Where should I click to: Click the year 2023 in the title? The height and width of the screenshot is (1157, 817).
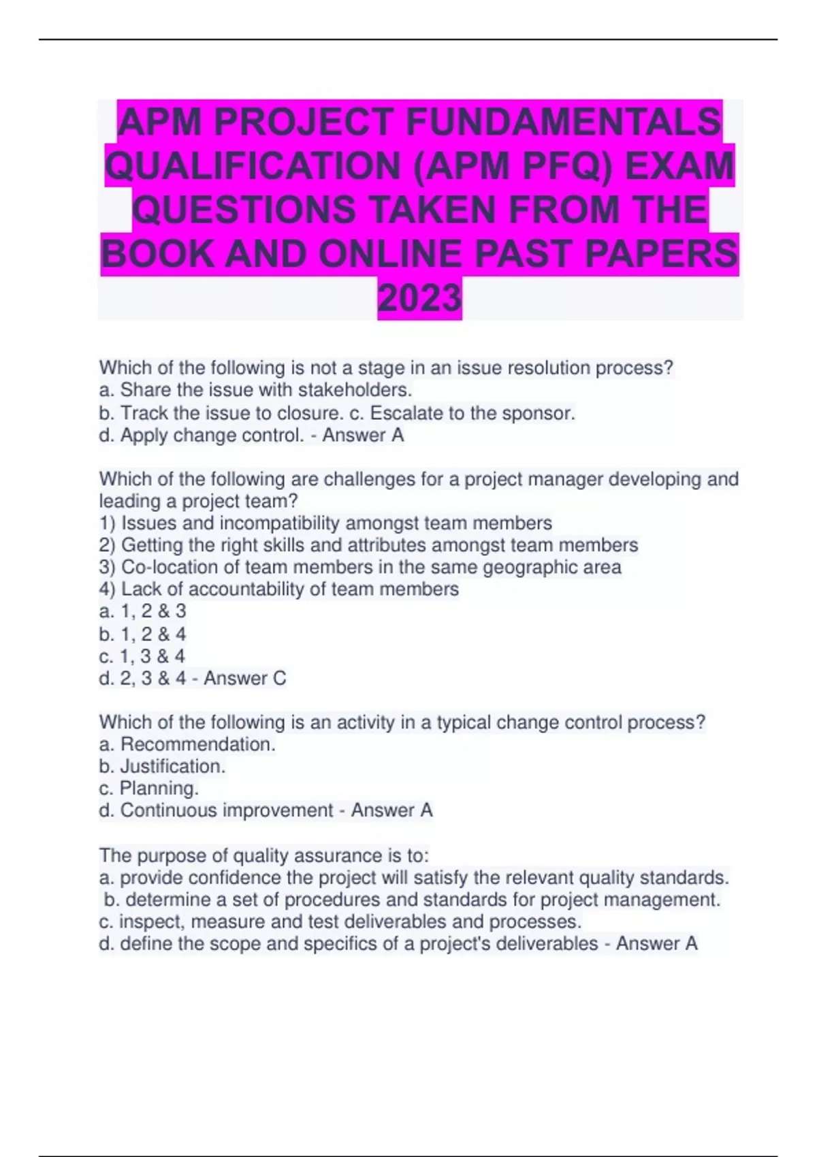[419, 297]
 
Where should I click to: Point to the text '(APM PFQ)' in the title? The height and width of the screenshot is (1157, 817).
[511, 165]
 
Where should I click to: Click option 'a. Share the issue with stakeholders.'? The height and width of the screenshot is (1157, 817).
[256, 390]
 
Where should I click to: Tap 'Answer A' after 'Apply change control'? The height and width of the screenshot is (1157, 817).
[363, 436]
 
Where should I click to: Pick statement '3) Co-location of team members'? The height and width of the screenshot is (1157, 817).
[359, 568]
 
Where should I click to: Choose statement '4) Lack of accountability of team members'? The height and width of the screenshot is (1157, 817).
[279, 589]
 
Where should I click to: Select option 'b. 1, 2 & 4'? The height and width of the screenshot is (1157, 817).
[142, 634]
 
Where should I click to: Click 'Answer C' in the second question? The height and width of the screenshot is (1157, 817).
[245, 679]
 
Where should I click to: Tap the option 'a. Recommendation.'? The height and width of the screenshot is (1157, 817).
[187, 745]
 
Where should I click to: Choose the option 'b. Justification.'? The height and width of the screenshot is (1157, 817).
[162, 766]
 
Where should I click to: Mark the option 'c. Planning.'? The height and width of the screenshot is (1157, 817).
[149, 789]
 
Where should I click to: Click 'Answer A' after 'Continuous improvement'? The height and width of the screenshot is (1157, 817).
[391, 811]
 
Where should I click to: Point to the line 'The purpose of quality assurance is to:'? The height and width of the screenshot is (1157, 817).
[264, 855]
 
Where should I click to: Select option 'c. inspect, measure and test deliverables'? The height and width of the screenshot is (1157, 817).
[340, 922]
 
